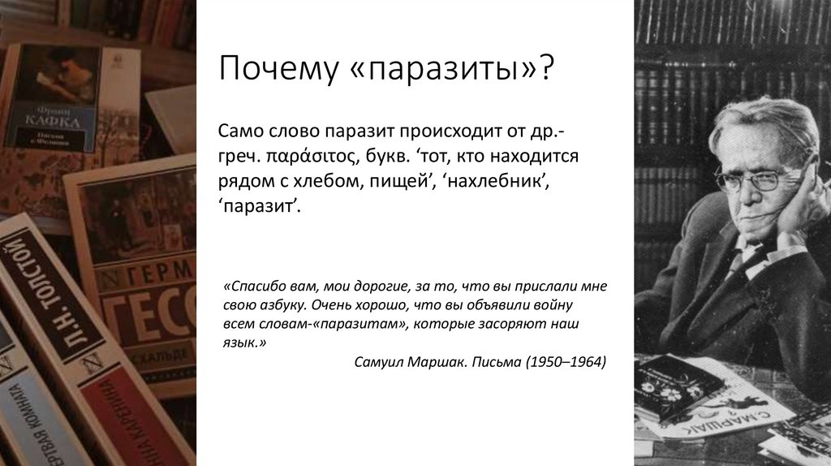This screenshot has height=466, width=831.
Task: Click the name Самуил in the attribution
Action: (381, 361)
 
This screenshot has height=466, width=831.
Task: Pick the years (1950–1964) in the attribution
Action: (566, 361)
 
